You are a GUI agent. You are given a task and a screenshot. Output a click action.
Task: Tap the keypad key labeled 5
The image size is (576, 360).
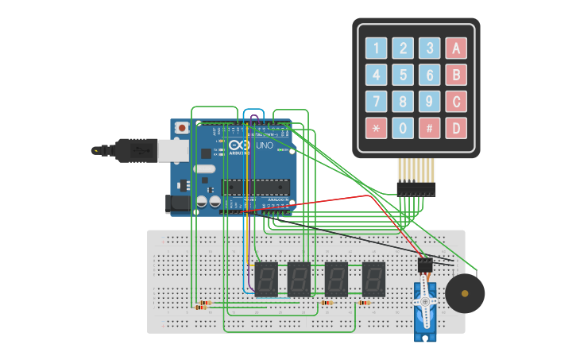(404, 75)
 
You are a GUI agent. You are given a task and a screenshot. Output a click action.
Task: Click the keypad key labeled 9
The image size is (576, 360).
(430, 101)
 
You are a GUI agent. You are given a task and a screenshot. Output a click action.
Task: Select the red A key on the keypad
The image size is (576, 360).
(456, 48)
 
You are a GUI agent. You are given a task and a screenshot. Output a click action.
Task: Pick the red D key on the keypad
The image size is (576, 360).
(456, 127)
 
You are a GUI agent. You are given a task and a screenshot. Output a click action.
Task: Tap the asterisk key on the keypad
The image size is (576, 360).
(377, 127)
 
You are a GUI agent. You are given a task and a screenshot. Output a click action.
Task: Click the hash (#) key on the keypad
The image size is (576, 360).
(430, 127)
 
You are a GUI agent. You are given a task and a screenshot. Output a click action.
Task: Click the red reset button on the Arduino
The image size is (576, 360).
(182, 127)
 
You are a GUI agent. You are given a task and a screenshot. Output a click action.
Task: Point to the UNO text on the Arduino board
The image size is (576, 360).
(263, 147)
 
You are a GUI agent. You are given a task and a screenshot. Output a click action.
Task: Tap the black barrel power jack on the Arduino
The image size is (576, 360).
(180, 204)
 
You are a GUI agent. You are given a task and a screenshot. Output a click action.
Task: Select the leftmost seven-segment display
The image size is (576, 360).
(266, 279)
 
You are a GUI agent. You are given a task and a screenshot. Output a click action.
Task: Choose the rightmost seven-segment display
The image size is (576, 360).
(373, 279)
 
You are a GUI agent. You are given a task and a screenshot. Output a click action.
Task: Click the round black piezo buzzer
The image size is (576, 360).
(465, 293)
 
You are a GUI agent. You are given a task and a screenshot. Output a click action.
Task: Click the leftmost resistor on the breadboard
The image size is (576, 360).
(204, 304)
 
